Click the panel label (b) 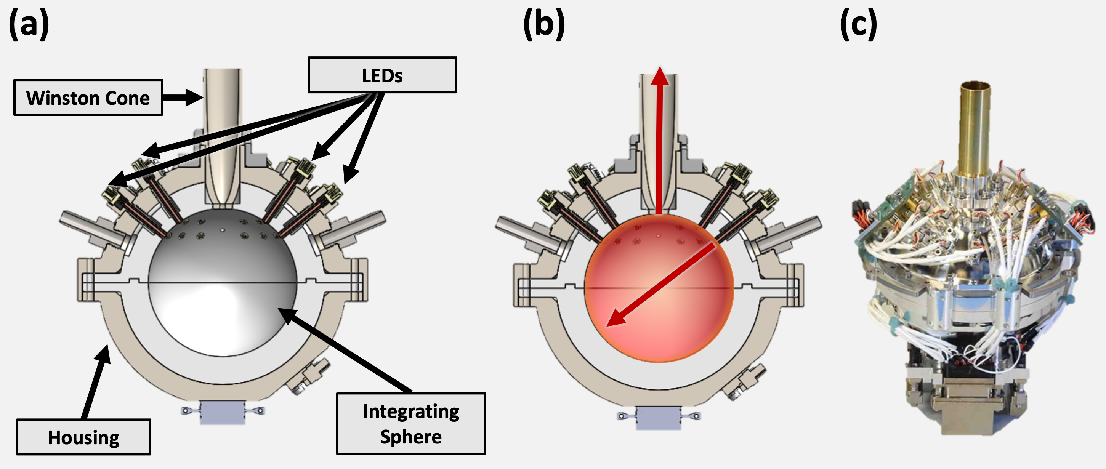point(544,24)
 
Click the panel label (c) point(858,24)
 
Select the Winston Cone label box point(88,98)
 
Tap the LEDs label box point(382,75)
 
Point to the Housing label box point(84,437)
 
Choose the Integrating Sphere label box point(411,424)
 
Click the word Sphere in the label point(411,437)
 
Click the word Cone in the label point(128,98)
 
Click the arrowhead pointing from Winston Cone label point(196,98)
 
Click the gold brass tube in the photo point(975,129)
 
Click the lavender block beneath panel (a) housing point(223,412)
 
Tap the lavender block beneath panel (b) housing point(658,418)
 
